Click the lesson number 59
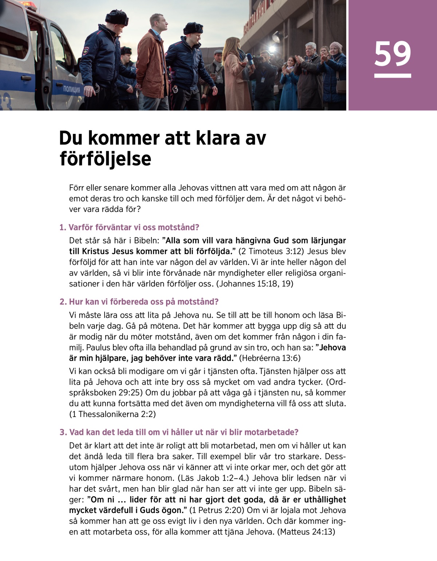(x=392, y=54)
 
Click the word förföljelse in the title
(x=105, y=159)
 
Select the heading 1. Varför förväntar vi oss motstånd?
(x=129, y=228)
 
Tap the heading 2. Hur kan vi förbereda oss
(x=139, y=302)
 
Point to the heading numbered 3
(x=179, y=432)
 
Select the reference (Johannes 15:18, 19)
(x=255, y=284)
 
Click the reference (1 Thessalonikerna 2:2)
(x=113, y=414)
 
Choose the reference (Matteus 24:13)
(x=306, y=532)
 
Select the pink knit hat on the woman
(x=336, y=46)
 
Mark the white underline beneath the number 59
(x=392, y=76)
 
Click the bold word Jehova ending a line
(x=332, y=348)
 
